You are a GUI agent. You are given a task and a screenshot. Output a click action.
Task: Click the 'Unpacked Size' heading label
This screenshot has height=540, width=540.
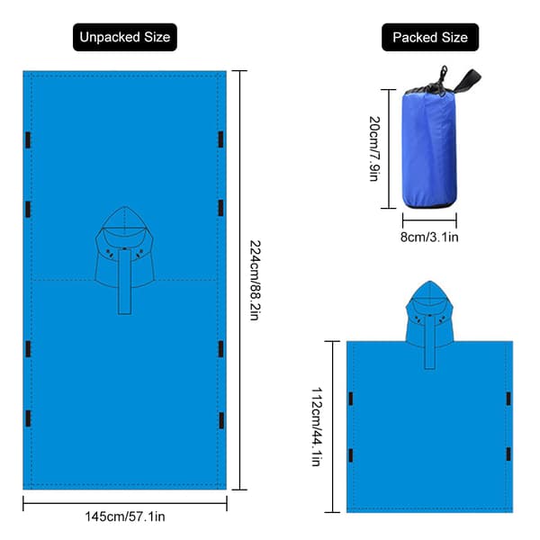click(x=125, y=37)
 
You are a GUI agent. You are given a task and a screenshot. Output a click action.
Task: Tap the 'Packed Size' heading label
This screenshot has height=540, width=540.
click(x=430, y=37)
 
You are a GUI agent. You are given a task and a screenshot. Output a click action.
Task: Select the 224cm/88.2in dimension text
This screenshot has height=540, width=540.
click(x=256, y=280)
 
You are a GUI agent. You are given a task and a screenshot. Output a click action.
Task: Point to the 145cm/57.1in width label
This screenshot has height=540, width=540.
click(x=125, y=517)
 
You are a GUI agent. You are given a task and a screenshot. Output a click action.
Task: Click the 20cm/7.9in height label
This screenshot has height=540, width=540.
click(x=374, y=148)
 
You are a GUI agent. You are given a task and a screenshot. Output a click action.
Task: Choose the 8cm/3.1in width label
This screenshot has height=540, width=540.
click(x=429, y=237)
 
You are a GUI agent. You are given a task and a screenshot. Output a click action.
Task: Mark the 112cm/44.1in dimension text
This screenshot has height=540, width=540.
click(x=317, y=427)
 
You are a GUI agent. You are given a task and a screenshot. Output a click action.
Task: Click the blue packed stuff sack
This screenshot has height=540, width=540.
click(x=430, y=148)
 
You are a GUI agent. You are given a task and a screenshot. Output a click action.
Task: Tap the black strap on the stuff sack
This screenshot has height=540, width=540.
click(x=467, y=81)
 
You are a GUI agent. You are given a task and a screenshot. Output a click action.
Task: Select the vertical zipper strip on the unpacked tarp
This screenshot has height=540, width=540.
click(x=125, y=282)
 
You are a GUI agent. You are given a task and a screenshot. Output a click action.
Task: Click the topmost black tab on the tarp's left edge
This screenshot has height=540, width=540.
click(x=28, y=140)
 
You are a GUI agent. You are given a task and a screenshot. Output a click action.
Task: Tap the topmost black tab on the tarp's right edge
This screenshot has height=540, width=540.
click(x=221, y=139)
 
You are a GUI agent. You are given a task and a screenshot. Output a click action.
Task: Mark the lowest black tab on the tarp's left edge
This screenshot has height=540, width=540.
click(x=28, y=418)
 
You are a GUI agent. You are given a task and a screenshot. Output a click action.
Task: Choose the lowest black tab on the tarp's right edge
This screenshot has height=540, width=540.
click(x=221, y=420)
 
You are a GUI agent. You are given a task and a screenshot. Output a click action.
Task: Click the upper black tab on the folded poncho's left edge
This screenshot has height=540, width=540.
click(x=351, y=399)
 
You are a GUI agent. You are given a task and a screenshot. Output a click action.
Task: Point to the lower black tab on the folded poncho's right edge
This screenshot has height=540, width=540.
click(x=508, y=454)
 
